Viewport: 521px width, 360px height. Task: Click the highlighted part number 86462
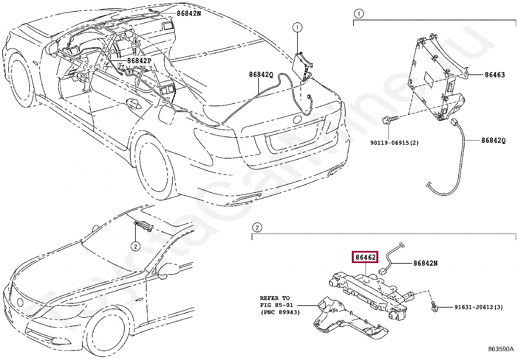366,257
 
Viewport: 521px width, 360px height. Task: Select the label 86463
495,75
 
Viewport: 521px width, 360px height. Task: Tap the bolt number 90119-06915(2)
394,142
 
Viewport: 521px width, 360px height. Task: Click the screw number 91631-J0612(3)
479,307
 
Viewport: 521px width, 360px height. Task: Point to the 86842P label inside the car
139,61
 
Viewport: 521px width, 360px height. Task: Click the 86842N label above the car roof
189,13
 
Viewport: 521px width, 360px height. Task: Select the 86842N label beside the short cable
425,263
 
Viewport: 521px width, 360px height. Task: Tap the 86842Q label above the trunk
261,74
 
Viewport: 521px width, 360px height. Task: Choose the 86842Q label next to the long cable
493,141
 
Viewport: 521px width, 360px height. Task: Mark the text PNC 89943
280,312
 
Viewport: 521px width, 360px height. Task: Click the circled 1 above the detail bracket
359,14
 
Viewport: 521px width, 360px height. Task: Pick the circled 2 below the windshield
135,246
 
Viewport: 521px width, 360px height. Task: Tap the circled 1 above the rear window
297,28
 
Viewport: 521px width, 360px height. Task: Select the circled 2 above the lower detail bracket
257,227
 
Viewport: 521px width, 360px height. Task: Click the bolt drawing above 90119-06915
390,120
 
